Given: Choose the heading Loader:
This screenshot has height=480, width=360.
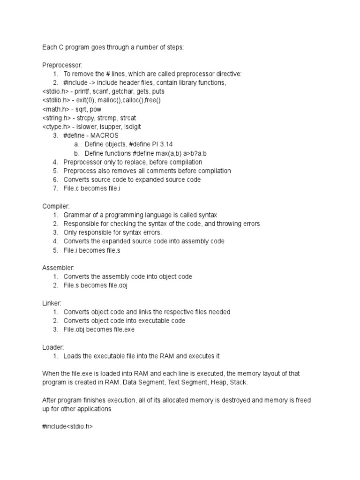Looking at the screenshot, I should point(53,347).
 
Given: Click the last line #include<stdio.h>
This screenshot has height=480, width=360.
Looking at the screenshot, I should point(67,427).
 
